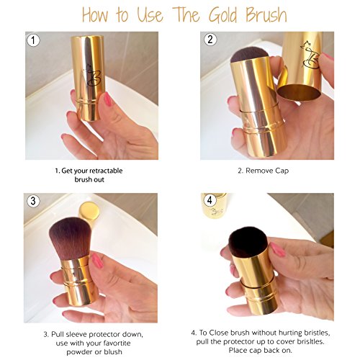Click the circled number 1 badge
(x=33, y=40)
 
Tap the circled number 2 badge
(x=210, y=39)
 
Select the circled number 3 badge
(x=33, y=201)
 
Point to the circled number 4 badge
(x=210, y=200)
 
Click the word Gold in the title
(x=223, y=15)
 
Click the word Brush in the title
(x=266, y=14)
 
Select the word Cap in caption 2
(x=282, y=171)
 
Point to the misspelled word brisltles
(x=310, y=341)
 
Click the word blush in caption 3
(x=113, y=352)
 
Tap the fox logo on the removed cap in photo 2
(x=310, y=55)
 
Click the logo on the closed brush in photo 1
(x=92, y=75)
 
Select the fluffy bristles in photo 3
(x=71, y=238)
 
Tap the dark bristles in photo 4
(x=248, y=241)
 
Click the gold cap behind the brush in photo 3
(x=89, y=211)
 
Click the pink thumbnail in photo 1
(x=107, y=99)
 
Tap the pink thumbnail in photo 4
(x=278, y=249)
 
